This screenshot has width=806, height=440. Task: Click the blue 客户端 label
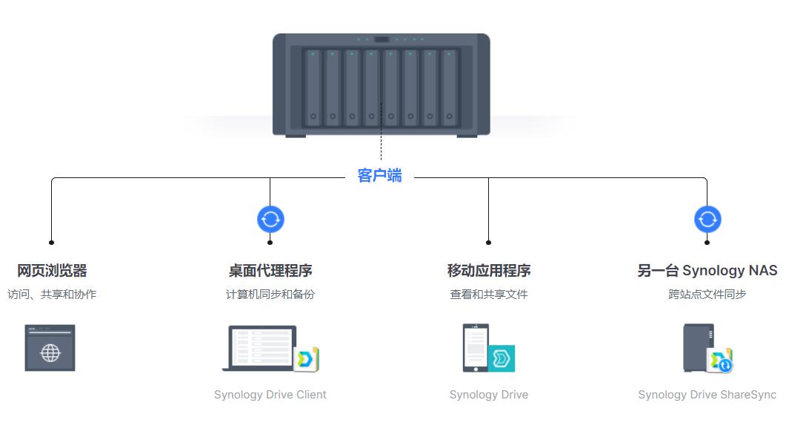[x=379, y=176]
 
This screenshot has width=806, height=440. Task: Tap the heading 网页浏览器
[x=52, y=270]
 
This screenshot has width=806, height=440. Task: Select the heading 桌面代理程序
[x=270, y=270]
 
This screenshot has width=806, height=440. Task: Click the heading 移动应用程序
[x=489, y=270]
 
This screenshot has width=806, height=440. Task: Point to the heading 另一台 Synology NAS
[x=707, y=270]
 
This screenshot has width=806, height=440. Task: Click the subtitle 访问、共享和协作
[x=52, y=295]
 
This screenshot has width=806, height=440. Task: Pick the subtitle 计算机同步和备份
[x=270, y=295]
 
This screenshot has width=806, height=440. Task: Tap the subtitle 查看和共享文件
[x=489, y=295]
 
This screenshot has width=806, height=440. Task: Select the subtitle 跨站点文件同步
[x=707, y=295]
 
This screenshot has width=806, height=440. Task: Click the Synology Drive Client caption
[x=270, y=395]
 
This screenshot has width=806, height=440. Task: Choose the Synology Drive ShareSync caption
[x=707, y=395]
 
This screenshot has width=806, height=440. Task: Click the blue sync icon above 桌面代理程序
[x=270, y=220]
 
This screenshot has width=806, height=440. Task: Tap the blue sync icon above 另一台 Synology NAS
[x=707, y=220]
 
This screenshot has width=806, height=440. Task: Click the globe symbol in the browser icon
[x=50, y=353]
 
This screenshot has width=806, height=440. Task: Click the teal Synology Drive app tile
[x=502, y=358]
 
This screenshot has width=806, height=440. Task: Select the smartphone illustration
[x=476, y=347]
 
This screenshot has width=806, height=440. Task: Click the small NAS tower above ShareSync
[x=699, y=347]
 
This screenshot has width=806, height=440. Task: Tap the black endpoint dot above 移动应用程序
[x=488, y=243]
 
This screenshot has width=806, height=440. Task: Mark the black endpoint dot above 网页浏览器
[x=51, y=243]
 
